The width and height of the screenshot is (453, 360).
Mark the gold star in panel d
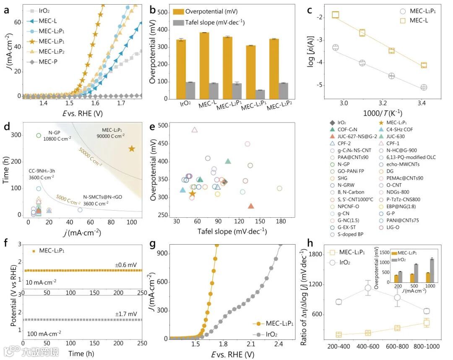132,149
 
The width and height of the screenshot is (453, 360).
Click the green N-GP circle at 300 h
39,135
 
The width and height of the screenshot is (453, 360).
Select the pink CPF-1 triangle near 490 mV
195,130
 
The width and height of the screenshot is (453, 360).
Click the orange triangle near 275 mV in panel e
251,206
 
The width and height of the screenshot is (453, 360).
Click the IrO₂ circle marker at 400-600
369,288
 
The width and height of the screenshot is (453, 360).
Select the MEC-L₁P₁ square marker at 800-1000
427,323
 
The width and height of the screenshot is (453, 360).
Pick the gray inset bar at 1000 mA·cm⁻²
432,265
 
